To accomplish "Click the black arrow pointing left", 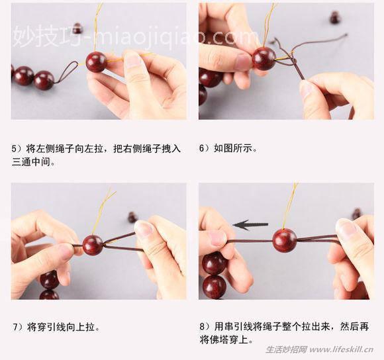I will [250, 225].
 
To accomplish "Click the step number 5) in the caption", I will [17, 148].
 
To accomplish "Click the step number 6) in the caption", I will [205, 148].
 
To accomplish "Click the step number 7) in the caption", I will [17, 327].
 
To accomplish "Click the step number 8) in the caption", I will [205, 327].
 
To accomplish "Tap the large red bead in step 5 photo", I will [96, 62].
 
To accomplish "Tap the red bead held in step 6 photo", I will [264, 58].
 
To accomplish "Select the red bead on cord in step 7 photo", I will [93, 244].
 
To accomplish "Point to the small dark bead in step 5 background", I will [77, 28].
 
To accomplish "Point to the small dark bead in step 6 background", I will [335, 19].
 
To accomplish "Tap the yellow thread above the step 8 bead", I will [289, 205].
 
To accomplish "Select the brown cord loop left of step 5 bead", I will [66, 73].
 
